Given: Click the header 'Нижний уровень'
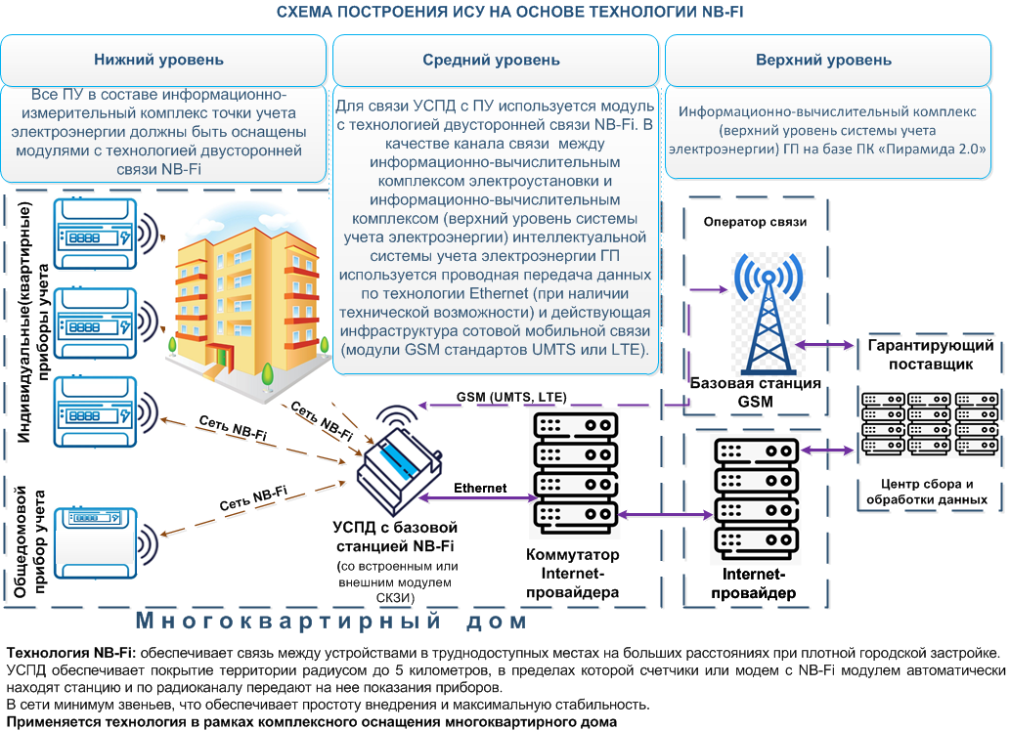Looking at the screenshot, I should (158, 60).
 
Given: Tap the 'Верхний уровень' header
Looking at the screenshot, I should (824, 60).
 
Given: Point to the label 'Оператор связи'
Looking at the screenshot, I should (755, 222).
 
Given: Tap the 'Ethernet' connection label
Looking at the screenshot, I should (480, 488).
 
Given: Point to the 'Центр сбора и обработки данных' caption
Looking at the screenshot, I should (928, 492).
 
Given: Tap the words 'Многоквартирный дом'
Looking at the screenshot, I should (331, 622).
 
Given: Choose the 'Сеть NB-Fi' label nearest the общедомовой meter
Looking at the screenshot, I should (254, 497).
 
